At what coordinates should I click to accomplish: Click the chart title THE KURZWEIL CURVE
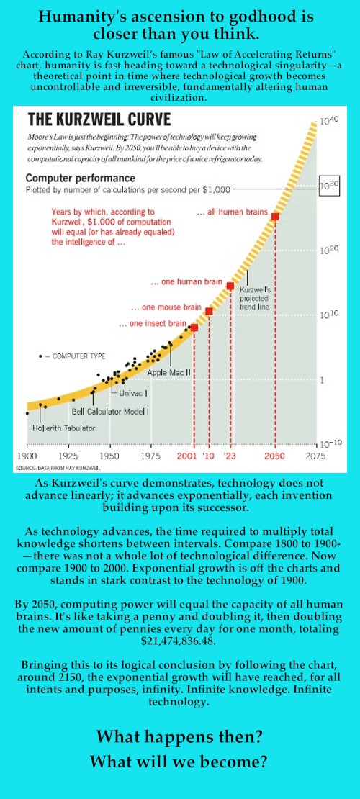point(99,119)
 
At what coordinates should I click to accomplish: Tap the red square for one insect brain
point(194,327)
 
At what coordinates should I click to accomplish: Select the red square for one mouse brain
point(209,311)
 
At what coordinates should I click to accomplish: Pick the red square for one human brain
point(230,286)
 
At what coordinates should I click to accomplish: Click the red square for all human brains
point(275,216)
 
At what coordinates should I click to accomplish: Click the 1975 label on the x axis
point(150,456)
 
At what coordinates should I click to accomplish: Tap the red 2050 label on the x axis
point(274,456)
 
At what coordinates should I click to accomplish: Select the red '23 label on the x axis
point(230,456)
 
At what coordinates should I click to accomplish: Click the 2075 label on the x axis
point(315,456)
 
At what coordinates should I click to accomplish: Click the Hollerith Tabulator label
point(64,428)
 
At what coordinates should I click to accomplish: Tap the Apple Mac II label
point(168,372)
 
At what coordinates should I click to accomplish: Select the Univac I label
point(133,393)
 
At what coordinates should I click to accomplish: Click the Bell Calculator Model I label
point(111,411)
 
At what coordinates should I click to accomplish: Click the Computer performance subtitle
point(81,179)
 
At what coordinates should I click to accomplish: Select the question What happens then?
point(179,736)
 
